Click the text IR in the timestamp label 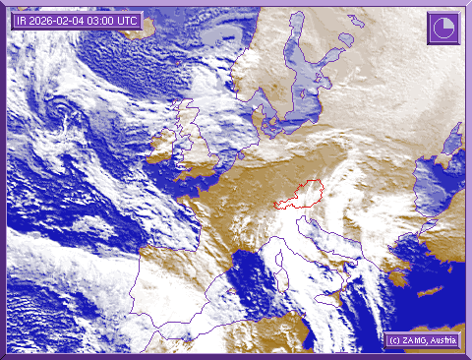tap(21, 20)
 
